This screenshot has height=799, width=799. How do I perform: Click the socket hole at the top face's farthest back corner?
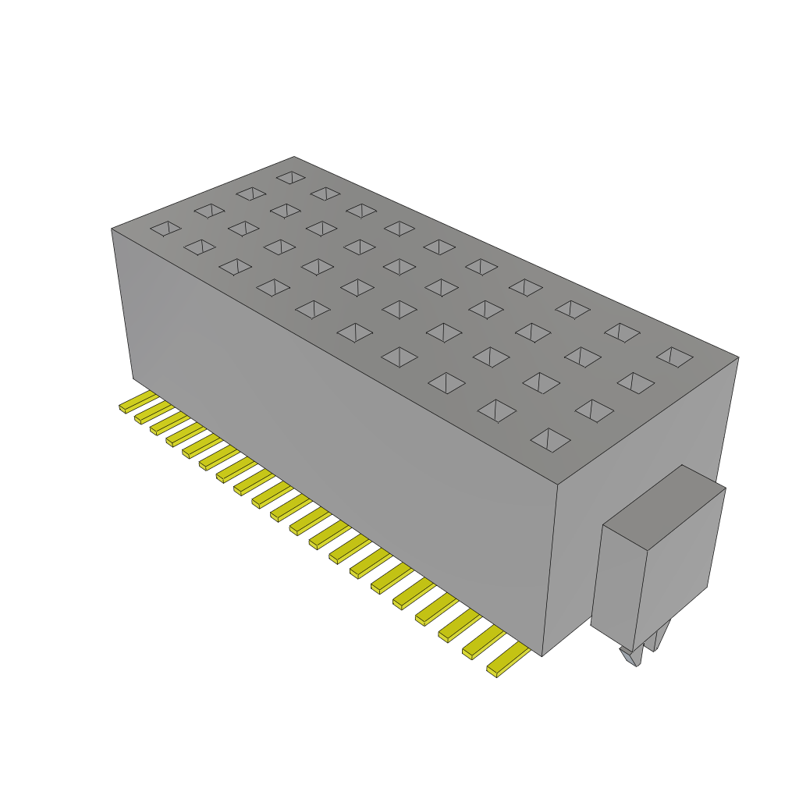290,178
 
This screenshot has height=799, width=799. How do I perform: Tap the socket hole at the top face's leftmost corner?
165,228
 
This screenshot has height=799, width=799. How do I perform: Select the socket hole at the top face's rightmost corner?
675,357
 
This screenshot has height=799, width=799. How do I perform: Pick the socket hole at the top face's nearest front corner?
550,439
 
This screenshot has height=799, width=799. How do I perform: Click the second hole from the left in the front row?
200,247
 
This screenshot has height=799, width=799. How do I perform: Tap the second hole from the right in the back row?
622,332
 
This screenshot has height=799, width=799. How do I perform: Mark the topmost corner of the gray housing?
294,157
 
